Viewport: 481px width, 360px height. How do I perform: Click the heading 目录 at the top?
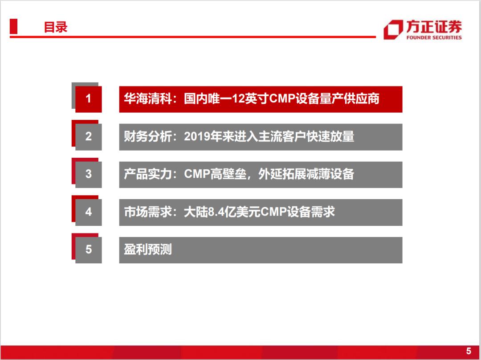[x=56, y=27]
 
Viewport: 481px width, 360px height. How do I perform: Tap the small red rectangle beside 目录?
[x=13, y=26]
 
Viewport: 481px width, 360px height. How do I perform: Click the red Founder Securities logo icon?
[x=393, y=30]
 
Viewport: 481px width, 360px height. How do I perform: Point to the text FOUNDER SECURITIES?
[x=434, y=37]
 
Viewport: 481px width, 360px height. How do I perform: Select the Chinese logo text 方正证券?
[x=434, y=27]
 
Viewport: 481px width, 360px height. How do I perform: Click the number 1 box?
[x=88, y=99]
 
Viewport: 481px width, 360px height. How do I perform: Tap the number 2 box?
[x=88, y=137]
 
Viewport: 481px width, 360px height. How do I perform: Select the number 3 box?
[x=88, y=174]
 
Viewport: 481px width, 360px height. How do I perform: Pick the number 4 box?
[x=88, y=212]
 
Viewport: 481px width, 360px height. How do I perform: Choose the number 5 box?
[x=88, y=250]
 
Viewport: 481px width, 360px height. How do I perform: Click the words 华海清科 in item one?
[x=147, y=99]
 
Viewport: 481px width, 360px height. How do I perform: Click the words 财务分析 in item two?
[x=147, y=137]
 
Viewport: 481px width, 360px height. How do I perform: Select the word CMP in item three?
[x=197, y=174]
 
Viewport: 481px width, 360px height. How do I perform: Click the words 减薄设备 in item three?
[x=330, y=174]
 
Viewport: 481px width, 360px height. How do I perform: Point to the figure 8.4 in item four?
[x=216, y=212]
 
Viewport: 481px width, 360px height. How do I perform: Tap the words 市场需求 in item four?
[x=147, y=212]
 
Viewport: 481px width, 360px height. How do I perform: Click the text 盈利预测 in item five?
[x=147, y=250]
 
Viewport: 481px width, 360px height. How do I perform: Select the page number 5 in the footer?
[x=469, y=351]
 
